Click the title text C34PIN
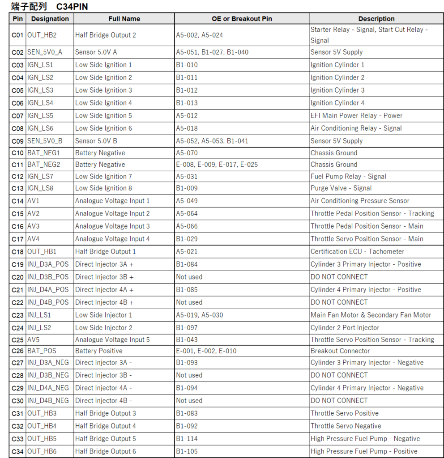pyautogui.click(x=72, y=6)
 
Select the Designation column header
pyautogui.click(x=50, y=19)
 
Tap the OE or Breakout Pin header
pyautogui.click(x=242, y=19)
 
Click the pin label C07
pyautogui.click(x=17, y=115)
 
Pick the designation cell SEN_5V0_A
pyautogui.click(x=45, y=52)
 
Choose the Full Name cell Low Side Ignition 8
pyautogui.click(x=103, y=188)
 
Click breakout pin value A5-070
pyautogui.click(x=187, y=153)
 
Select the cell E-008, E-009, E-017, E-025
pyautogui.click(x=217, y=165)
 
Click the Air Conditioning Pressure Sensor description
pyautogui.click(x=360, y=201)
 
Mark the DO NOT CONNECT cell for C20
pyautogui.click(x=339, y=277)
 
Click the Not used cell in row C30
pyautogui.click(x=189, y=401)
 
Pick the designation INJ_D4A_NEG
pyautogui.click(x=48, y=388)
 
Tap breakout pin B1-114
pyautogui.click(x=187, y=439)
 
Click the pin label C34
pyautogui.click(x=17, y=451)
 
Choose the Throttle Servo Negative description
pyautogui.click(x=346, y=426)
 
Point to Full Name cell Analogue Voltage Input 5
pyautogui.click(x=112, y=340)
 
